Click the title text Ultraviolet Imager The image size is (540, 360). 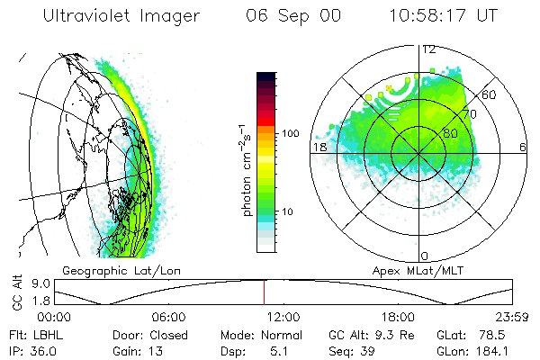120,15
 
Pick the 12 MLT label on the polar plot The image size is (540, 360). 429,49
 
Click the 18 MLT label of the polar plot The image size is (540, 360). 318,147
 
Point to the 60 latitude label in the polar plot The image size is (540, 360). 490,94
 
